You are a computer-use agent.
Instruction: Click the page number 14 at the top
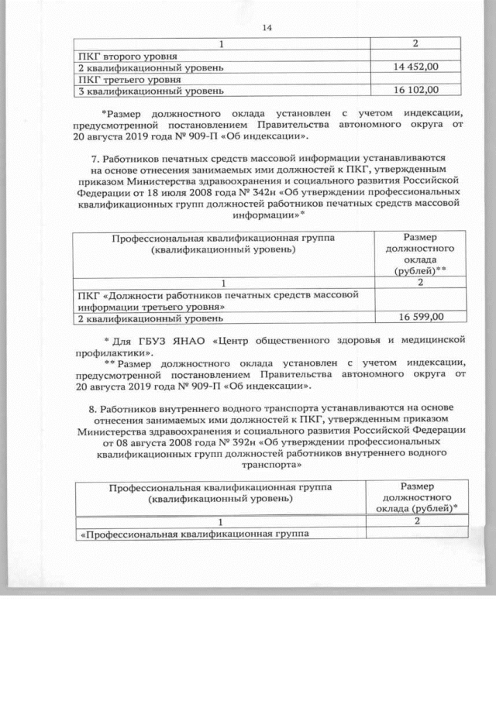tap(268, 29)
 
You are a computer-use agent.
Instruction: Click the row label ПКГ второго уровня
tap(129, 57)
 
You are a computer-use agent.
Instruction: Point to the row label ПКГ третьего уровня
tap(130, 79)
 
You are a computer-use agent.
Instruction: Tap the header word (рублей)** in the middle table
tap(421, 270)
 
